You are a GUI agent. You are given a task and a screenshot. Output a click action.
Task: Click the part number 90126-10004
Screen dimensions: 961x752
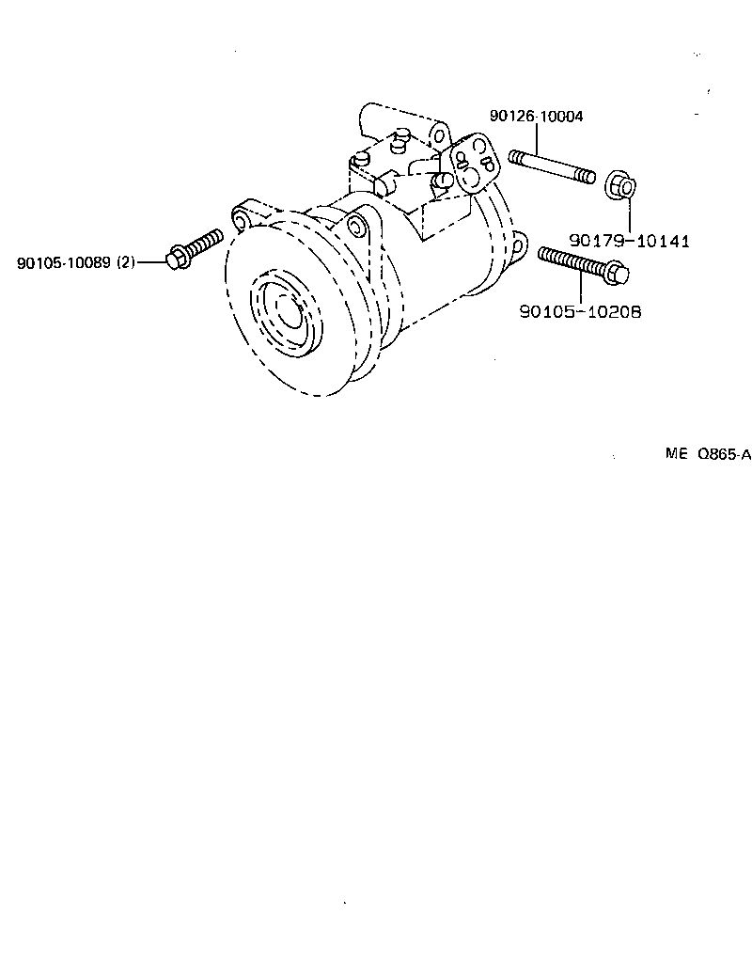click(536, 117)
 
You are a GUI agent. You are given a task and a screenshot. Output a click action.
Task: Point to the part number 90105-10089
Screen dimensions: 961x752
click(64, 262)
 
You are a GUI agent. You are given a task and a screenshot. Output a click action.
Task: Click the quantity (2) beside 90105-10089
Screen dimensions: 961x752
click(126, 262)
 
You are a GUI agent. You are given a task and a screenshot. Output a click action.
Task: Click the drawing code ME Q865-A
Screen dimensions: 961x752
click(708, 454)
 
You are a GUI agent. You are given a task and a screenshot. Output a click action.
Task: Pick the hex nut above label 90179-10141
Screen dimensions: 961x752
click(618, 185)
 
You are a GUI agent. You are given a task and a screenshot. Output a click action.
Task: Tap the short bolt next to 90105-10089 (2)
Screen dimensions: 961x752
click(196, 247)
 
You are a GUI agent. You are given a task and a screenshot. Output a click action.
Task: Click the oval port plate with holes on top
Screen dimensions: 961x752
click(476, 164)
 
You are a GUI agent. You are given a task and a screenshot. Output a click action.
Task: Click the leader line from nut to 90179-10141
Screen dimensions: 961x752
click(623, 216)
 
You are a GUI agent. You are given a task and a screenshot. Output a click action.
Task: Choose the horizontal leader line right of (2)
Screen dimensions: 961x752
click(151, 262)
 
